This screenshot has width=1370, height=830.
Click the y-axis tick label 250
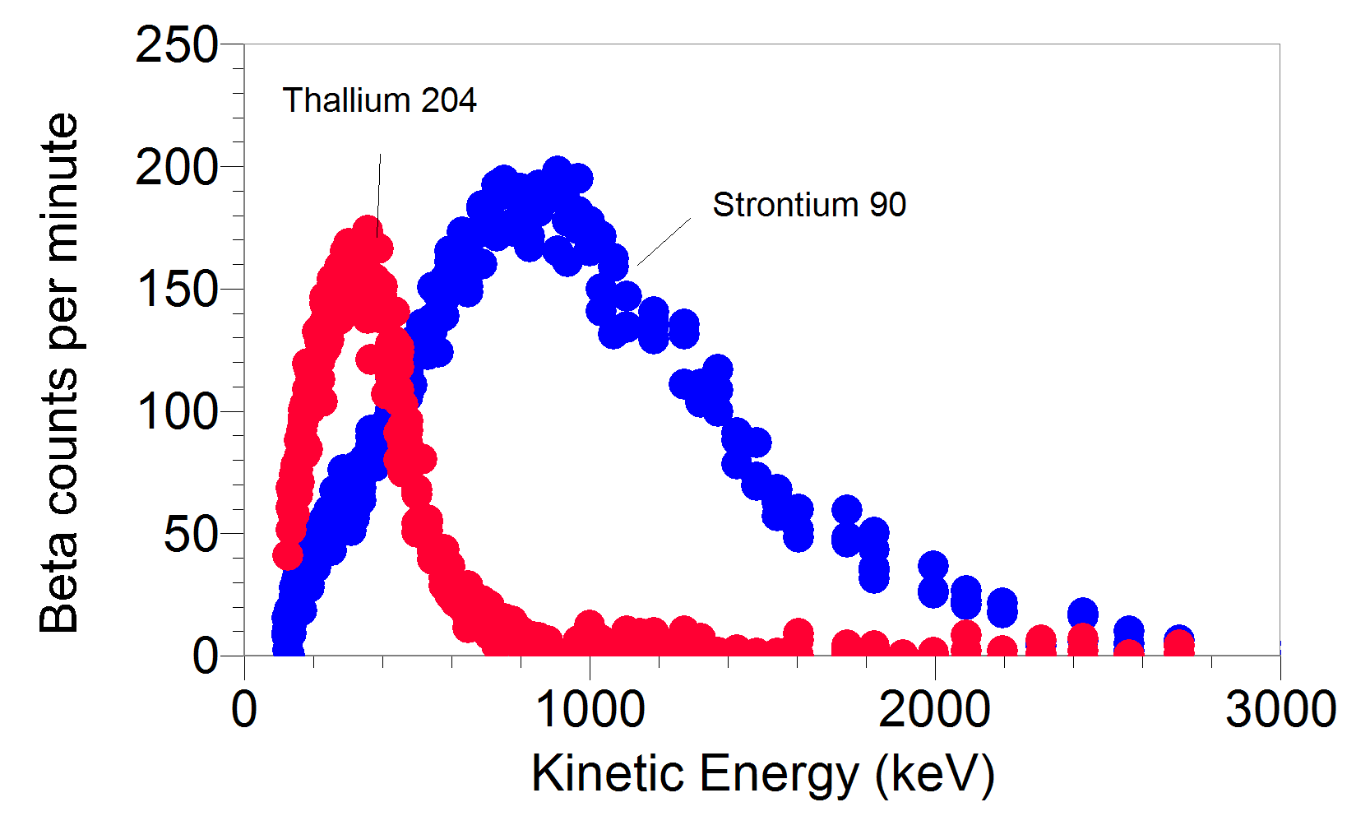(x=176, y=45)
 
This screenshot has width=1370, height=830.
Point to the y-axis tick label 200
(x=176, y=169)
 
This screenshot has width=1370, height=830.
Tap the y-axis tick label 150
(x=176, y=290)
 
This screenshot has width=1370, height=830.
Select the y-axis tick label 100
(x=176, y=412)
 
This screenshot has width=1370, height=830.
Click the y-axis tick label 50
(x=191, y=535)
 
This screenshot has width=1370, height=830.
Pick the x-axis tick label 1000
(x=590, y=709)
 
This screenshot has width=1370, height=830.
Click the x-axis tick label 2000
(x=934, y=709)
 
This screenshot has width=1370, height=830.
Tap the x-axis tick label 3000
(x=1280, y=709)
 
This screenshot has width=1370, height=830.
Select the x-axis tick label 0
(x=244, y=709)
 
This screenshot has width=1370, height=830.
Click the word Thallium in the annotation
(x=346, y=100)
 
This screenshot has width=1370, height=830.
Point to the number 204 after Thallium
(x=448, y=100)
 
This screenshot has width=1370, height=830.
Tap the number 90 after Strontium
(x=888, y=205)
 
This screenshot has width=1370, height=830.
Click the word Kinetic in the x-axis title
(x=608, y=774)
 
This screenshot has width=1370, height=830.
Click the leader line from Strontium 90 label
(x=664, y=241)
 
